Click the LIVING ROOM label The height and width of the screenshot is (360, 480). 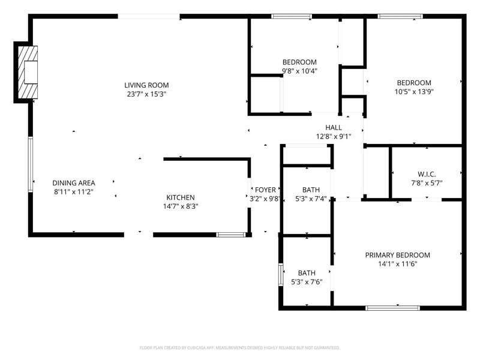point(146,85)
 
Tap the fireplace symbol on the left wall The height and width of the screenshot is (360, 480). point(28,72)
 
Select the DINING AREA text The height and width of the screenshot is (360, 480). point(74,183)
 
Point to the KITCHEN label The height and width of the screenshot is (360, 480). point(181,197)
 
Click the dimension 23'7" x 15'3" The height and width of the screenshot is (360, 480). point(146,94)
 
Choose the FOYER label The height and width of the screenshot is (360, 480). point(265,190)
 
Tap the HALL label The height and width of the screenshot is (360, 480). point(334,127)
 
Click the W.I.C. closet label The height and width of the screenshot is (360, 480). point(427,174)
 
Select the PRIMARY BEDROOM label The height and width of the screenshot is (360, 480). point(397,255)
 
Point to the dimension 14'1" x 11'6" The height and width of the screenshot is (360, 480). point(397,264)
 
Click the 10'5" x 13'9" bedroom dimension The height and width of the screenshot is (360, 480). point(414,92)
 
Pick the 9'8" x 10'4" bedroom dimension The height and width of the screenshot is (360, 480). point(299,71)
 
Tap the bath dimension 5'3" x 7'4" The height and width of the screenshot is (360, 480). point(311,199)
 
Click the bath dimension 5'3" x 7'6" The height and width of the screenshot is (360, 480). point(307,281)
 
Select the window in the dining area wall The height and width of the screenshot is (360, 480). point(31,164)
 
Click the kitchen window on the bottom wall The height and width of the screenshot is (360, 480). point(231,235)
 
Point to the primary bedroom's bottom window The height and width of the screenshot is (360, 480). point(392,308)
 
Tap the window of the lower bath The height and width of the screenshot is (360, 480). point(281,275)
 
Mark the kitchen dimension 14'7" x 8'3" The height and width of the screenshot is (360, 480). point(181,206)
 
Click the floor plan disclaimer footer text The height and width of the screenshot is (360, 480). point(239,348)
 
